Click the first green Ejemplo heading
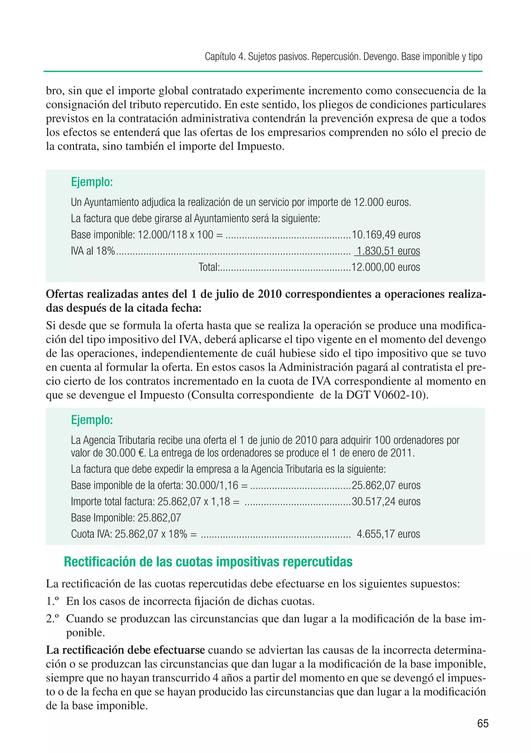[92, 182]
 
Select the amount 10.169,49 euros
[386, 235]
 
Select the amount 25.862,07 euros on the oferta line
[386, 485]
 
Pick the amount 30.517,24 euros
[386, 501]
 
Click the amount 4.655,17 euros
[388, 534]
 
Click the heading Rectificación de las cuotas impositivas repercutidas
[208, 562]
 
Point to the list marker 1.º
[53, 601]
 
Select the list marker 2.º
[53, 619]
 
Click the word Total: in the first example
[209, 267]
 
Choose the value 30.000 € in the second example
[125, 453]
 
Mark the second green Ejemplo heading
[92, 420]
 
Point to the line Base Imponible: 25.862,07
[126, 518]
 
